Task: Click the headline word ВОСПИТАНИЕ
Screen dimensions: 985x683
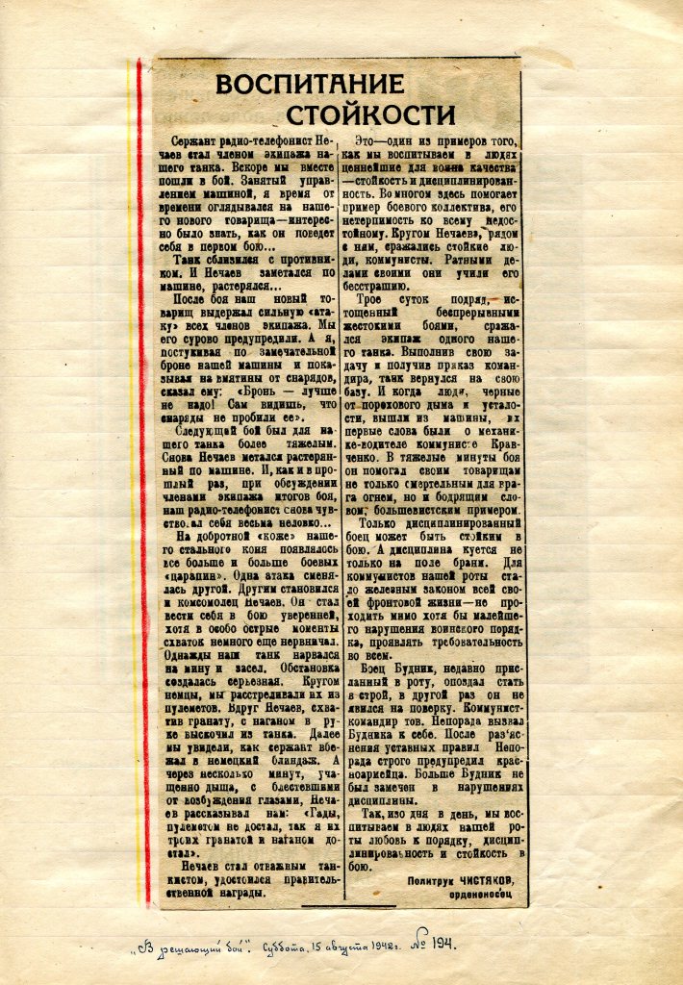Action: tap(296, 84)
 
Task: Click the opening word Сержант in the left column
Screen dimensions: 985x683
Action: tap(190, 141)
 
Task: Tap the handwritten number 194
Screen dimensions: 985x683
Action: tap(443, 944)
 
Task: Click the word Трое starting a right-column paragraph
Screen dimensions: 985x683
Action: tap(379, 301)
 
